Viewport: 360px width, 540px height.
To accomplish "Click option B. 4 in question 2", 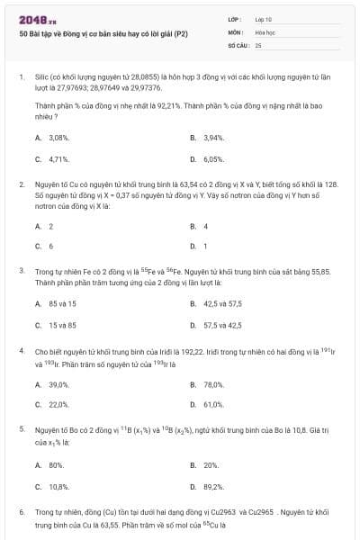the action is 205,226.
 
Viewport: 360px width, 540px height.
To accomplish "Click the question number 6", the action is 21,511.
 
